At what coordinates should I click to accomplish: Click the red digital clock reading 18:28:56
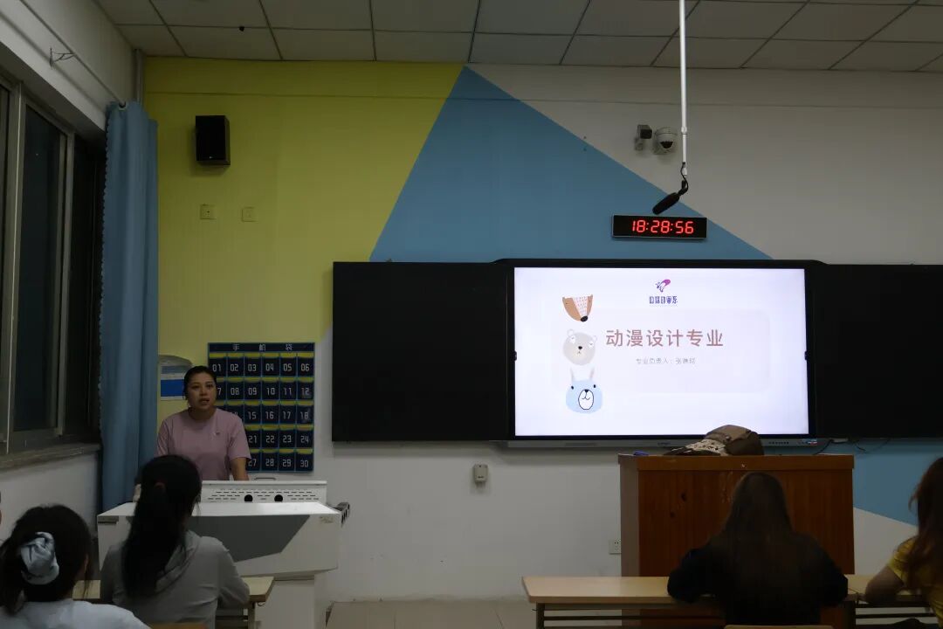[x=659, y=227]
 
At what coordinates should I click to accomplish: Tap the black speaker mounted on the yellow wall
[x=212, y=140]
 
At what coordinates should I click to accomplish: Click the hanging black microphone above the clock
[x=670, y=201]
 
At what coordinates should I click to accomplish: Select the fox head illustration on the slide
[x=578, y=307]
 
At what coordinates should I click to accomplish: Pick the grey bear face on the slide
[x=579, y=347]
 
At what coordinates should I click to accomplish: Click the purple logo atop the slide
[x=663, y=286]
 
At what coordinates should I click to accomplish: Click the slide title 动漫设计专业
[x=664, y=338]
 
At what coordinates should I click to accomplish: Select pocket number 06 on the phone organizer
[x=305, y=367]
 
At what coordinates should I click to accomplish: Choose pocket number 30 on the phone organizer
[x=304, y=461]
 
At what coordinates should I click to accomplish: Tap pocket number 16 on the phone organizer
[x=270, y=414]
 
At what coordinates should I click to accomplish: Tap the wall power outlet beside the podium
[x=614, y=546]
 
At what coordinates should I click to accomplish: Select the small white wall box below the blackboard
[x=480, y=473]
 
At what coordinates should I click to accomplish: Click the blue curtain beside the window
[x=128, y=297]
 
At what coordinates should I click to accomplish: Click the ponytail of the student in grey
[x=157, y=524]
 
